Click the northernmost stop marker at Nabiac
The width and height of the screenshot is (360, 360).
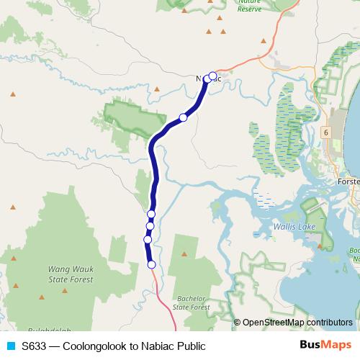[212, 75]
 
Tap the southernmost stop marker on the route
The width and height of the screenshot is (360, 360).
[152, 264]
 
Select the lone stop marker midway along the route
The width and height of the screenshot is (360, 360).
[183, 117]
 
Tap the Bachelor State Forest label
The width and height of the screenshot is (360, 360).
[192, 302]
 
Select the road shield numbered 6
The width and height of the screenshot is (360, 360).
[325, 132]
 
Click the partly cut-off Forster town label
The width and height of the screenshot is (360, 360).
[348, 182]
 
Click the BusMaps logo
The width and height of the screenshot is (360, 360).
[326, 345]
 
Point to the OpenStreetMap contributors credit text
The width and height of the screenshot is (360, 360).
[299, 322]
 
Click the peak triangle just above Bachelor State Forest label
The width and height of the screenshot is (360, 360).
[184, 254]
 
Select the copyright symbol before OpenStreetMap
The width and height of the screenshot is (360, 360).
[238, 322]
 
